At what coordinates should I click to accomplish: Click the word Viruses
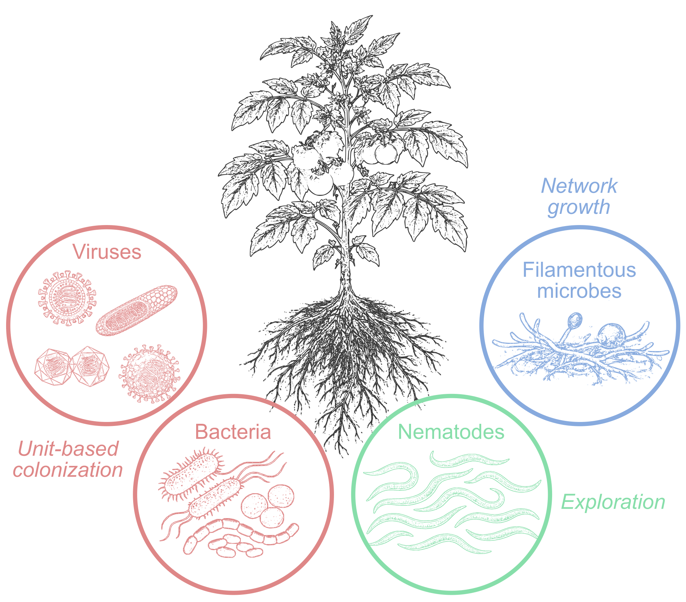pos(107,252)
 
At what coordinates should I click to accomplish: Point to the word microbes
pos(579,291)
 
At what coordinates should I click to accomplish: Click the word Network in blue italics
pos(579,186)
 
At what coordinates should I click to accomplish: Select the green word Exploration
pos(613,502)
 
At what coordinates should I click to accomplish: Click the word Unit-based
pos(68,449)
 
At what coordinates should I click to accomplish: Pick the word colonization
pos(68,470)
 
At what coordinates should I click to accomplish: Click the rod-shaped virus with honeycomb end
pos(137,310)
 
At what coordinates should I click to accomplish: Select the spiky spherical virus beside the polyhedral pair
pos(149,373)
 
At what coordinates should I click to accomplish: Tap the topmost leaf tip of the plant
pos(372,15)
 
